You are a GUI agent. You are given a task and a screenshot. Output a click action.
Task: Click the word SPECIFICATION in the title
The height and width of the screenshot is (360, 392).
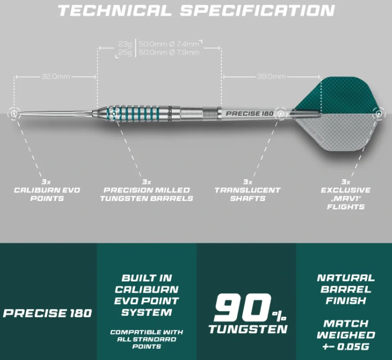[258, 11]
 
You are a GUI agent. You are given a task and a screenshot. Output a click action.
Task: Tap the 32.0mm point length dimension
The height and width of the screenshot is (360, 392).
[56, 77]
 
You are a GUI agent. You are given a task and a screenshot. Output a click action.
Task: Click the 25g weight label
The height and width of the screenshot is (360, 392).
[125, 52]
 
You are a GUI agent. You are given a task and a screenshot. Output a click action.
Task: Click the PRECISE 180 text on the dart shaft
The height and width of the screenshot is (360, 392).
[250, 113]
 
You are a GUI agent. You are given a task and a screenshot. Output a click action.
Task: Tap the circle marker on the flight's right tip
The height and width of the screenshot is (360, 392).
[378, 113]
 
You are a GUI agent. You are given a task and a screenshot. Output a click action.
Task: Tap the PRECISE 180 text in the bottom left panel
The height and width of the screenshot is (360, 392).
[48, 313]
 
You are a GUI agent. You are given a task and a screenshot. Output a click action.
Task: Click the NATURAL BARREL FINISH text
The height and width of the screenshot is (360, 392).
[345, 289]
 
